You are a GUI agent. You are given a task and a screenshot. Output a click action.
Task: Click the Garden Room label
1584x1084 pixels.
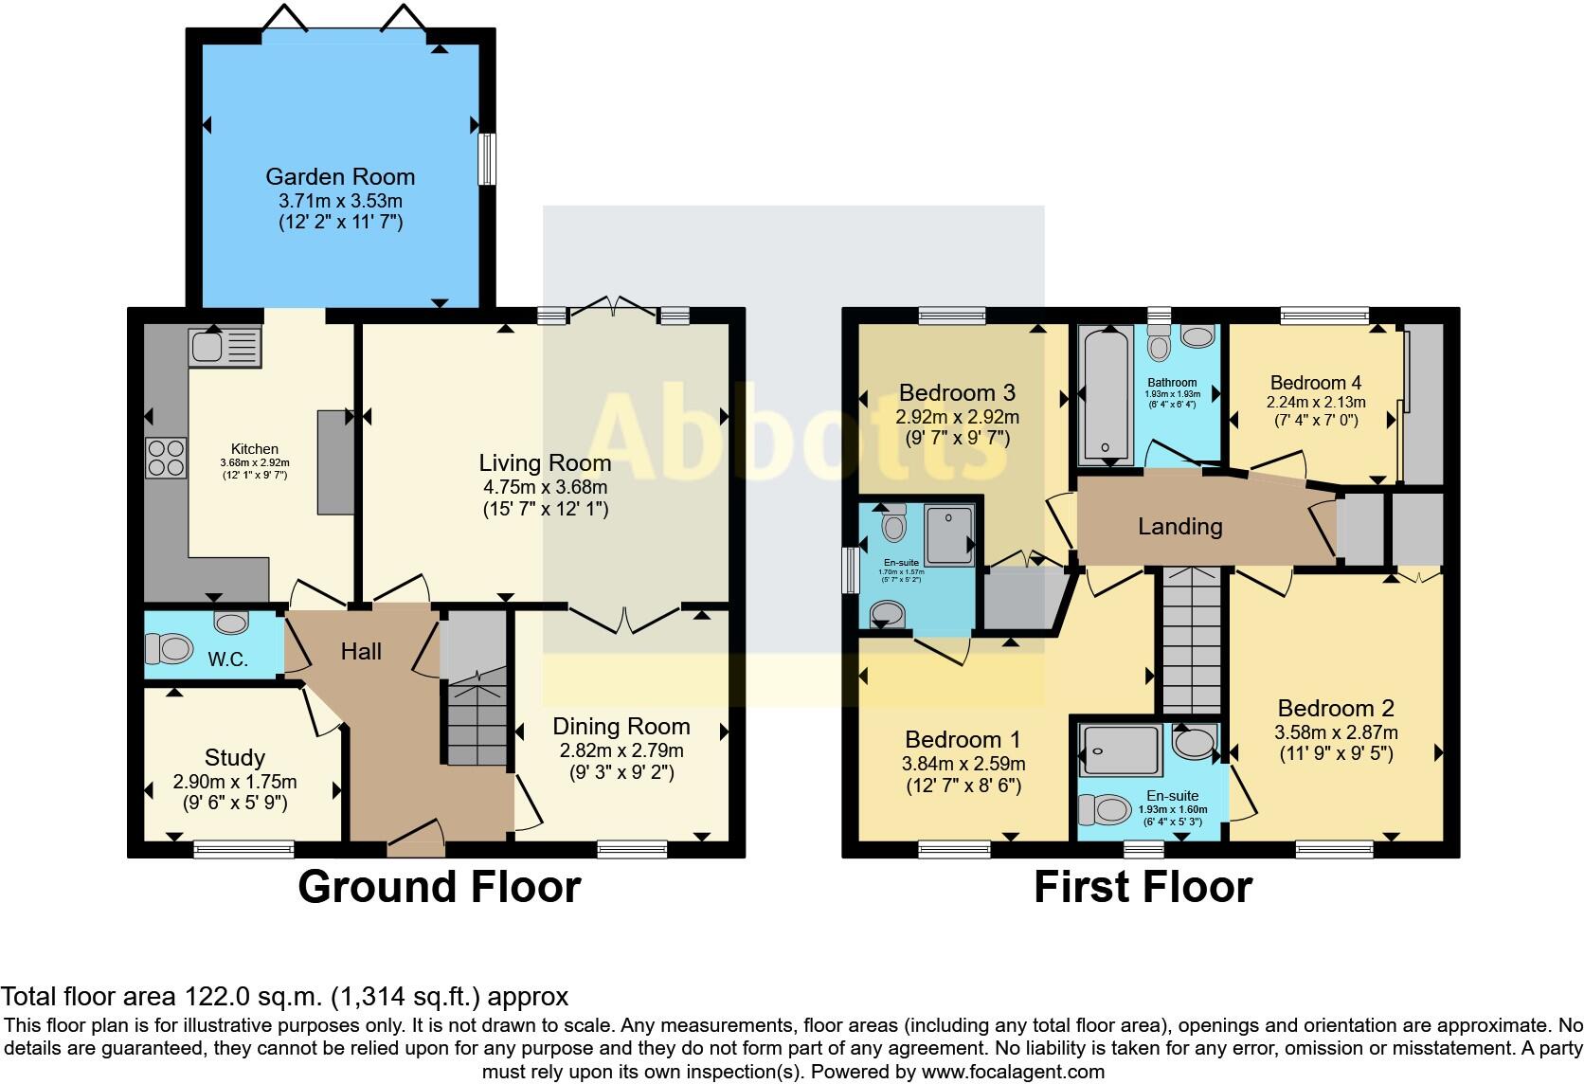[x=340, y=176]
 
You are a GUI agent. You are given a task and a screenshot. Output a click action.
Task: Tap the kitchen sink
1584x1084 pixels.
[x=225, y=347]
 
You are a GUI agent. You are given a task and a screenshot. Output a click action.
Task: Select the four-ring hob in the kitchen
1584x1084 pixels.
[x=166, y=458]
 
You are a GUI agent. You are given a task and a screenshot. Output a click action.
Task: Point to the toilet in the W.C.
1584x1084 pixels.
[x=169, y=648]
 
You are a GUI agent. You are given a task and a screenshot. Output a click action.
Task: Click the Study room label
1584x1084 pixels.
[x=235, y=757]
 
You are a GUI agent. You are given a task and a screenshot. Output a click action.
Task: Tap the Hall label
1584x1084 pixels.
[x=361, y=651]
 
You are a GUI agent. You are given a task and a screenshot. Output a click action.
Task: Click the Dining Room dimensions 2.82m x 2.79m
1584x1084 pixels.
[x=621, y=750]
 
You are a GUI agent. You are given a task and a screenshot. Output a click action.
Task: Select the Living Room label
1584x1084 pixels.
[x=545, y=462]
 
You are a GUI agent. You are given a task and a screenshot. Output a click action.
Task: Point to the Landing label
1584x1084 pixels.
[x=1180, y=526]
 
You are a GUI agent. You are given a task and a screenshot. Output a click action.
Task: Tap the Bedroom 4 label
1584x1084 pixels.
[x=1315, y=383]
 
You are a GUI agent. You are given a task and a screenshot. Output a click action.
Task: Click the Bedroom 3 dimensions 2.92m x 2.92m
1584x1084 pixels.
[x=958, y=417]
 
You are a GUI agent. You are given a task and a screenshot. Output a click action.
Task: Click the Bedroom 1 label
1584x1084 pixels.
[x=963, y=739]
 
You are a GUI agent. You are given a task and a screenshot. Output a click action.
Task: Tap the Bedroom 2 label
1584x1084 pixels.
[x=1336, y=708]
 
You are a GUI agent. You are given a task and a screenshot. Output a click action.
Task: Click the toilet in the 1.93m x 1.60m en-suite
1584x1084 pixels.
[x=1105, y=809]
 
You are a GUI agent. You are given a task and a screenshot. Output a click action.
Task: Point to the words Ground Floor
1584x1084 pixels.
[x=440, y=887]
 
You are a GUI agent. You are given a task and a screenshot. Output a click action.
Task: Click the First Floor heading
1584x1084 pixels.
[x=1143, y=887]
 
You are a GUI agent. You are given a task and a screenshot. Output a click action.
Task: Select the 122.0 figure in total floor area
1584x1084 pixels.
[x=218, y=996]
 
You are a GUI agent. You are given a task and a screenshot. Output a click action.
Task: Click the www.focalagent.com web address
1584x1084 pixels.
[x=1013, y=1072]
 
